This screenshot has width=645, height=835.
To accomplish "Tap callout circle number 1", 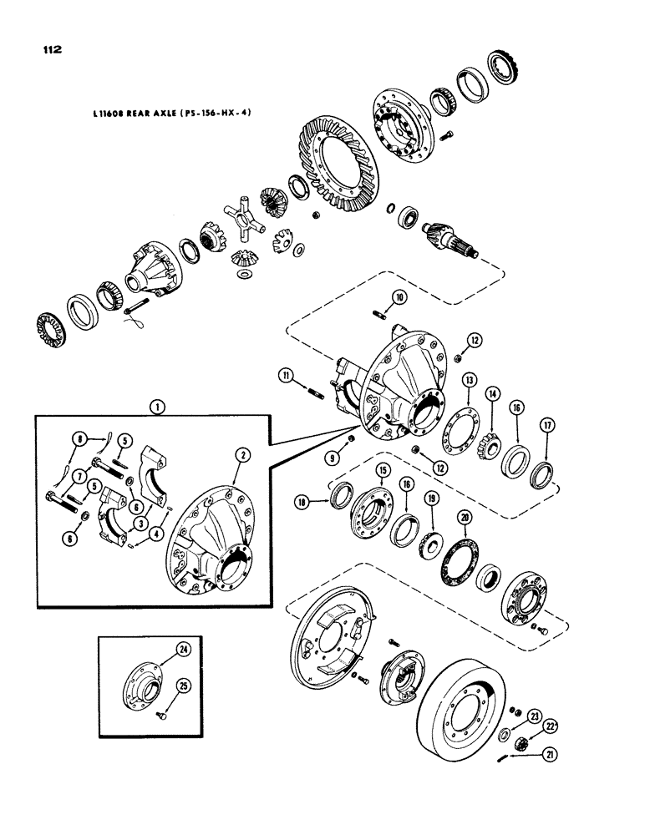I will point(156,409).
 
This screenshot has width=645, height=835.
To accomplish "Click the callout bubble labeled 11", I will point(287,379).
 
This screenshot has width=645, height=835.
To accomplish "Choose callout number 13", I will point(471,380).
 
